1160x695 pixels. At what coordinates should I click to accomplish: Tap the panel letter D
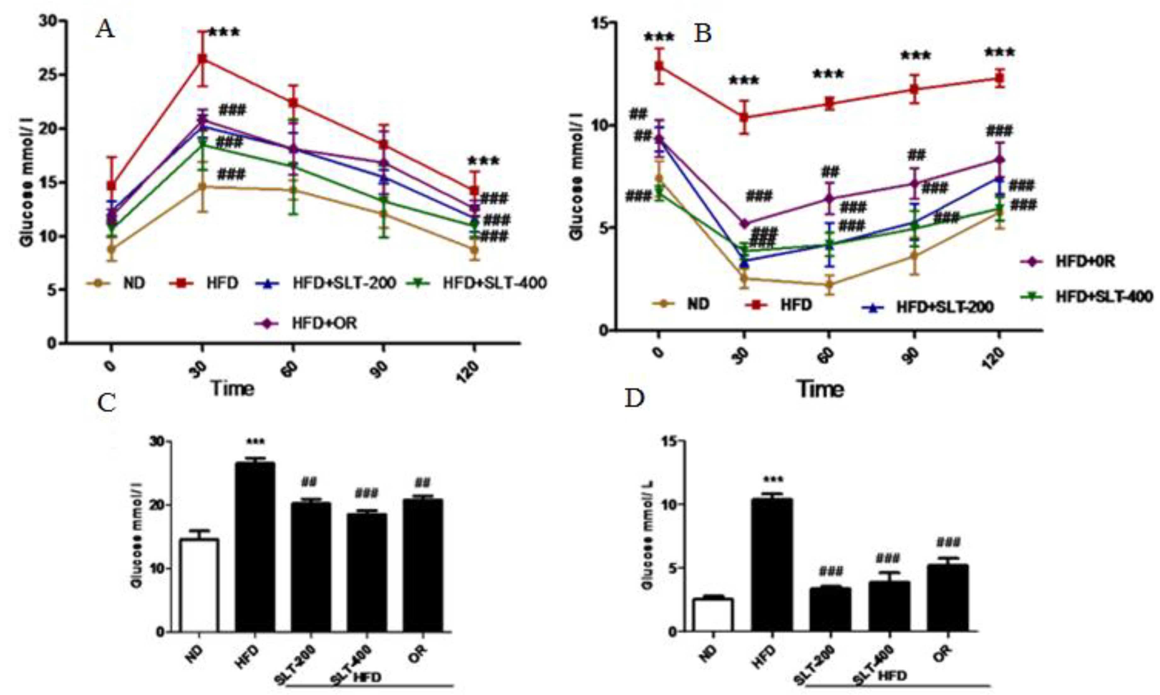pyautogui.click(x=635, y=398)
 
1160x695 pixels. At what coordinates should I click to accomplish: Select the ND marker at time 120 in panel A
pyautogui.click(x=474, y=250)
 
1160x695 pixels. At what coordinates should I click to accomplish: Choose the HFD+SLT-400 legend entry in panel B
pyautogui.click(x=1087, y=296)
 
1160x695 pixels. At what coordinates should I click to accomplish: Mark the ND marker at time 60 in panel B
pyautogui.click(x=829, y=284)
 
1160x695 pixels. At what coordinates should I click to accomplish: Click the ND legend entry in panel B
pyautogui.click(x=681, y=304)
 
